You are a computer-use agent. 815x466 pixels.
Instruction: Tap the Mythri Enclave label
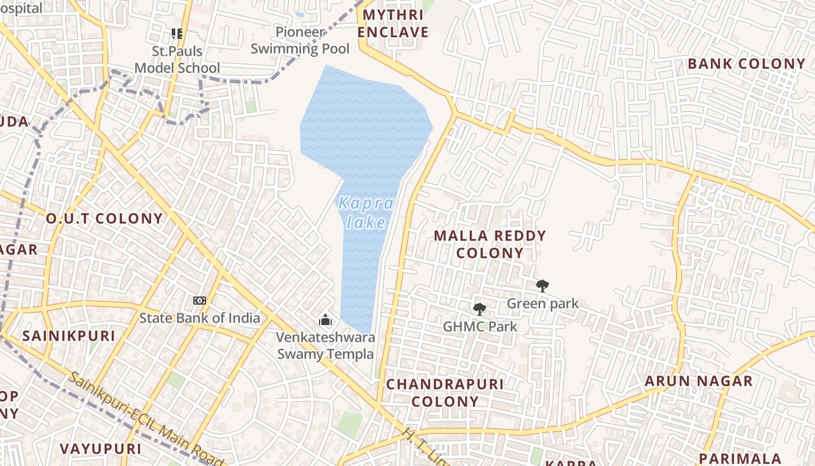[x=393, y=23]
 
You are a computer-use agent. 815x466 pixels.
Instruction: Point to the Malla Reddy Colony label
[x=490, y=244]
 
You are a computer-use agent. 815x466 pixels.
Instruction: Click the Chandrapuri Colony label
[x=445, y=393]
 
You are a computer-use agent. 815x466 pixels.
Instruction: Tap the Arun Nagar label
[x=699, y=382]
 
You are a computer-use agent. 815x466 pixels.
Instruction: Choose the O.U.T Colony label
[x=105, y=219]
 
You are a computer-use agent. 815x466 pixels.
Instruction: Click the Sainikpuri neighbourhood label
[x=69, y=336]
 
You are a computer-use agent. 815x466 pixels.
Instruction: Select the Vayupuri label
[x=101, y=449]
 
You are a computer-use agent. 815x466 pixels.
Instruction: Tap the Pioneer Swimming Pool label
[x=300, y=40]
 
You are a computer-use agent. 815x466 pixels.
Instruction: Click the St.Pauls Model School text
[x=178, y=59]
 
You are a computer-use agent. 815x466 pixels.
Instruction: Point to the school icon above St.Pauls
[x=177, y=34]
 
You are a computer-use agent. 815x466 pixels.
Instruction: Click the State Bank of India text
[x=200, y=318]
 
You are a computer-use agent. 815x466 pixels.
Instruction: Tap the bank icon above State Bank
[x=200, y=301]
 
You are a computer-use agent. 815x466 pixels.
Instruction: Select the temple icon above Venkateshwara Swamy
[x=325, y=320]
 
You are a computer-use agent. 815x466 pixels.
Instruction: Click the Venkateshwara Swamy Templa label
[x=325, y=345]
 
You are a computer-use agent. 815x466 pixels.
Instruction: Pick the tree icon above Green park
[x=543, y=285]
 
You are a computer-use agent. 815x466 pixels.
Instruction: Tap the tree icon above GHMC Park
[x=480, y=309]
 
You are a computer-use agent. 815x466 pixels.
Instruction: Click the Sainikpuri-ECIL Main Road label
[x=146, y=419]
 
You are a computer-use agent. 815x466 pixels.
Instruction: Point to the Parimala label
[x=740, y=458]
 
